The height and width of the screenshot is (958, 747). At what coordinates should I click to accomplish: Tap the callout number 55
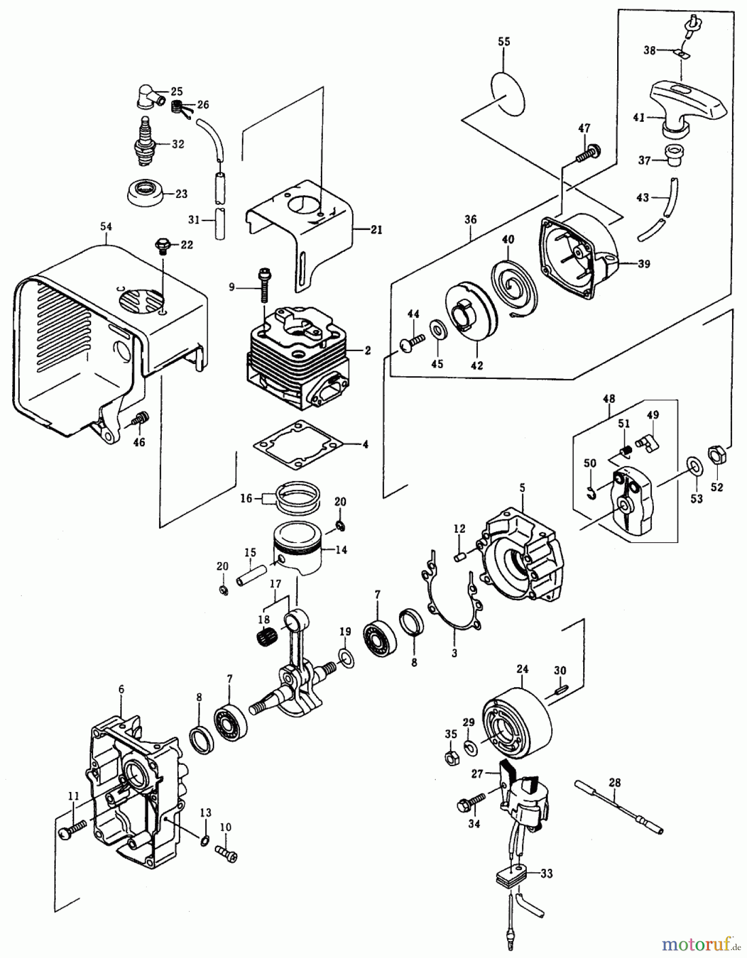(504, 42)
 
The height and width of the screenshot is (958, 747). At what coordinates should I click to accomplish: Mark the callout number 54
(106, 227)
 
